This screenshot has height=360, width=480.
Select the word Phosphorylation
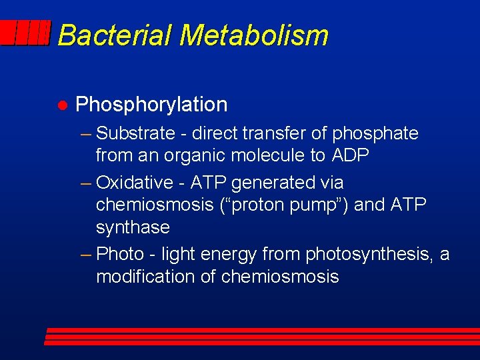pos(151,105)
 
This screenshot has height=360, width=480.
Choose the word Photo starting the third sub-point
pos(120,254)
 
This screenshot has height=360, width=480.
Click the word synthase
pos(133,228)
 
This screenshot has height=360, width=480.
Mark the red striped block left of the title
pos(25,33)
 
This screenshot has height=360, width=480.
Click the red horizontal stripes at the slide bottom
pos(260,336)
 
